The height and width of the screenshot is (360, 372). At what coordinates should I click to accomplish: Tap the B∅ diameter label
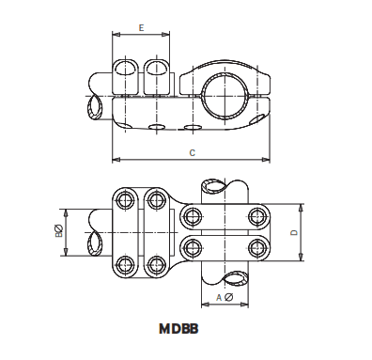[59, 230]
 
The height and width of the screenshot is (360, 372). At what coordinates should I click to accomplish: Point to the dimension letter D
[294, 232]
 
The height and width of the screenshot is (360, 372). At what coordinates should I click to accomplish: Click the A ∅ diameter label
[224, 297]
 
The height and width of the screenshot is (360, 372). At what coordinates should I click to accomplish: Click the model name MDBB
[178, 329]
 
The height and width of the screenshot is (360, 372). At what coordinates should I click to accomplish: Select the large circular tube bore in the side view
[228, 92]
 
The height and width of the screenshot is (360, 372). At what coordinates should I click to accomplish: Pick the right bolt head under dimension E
[158, 74]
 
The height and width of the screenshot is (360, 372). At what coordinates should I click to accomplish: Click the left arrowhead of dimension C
[115, 157]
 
